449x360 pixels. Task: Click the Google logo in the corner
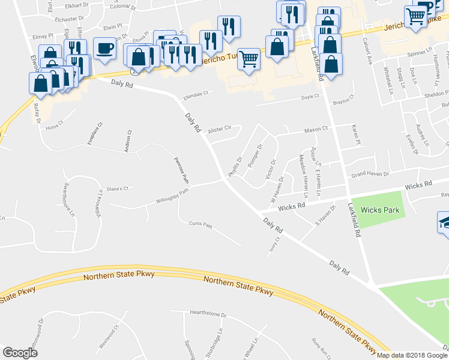20,353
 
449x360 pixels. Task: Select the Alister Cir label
220,130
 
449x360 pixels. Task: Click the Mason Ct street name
316,129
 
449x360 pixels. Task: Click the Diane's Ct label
118,188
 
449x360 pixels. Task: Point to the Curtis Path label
200,226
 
